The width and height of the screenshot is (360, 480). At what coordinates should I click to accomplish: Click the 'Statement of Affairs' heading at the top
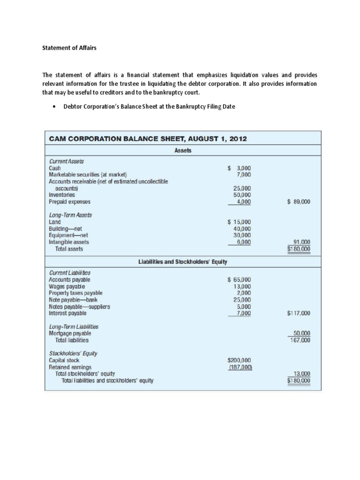coord(69,48)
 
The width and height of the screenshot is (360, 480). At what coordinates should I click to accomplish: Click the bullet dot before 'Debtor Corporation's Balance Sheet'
coord(56,107)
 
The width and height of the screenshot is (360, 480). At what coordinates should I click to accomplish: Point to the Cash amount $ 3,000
coord(239,168)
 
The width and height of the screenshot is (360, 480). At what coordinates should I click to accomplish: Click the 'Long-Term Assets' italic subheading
coord(70,215)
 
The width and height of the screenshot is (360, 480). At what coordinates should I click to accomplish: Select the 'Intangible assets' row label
coord(69,242)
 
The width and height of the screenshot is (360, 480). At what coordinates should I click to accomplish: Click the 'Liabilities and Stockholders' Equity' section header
coord(183,262)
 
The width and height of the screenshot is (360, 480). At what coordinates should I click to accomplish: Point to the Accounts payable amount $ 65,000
coord(239,280)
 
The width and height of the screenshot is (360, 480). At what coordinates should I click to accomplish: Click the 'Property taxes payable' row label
coord(75,293)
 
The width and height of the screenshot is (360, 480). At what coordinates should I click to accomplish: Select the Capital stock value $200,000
coord(240,360)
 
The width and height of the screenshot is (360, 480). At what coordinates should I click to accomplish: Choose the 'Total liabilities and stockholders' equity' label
coord(107,381)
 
